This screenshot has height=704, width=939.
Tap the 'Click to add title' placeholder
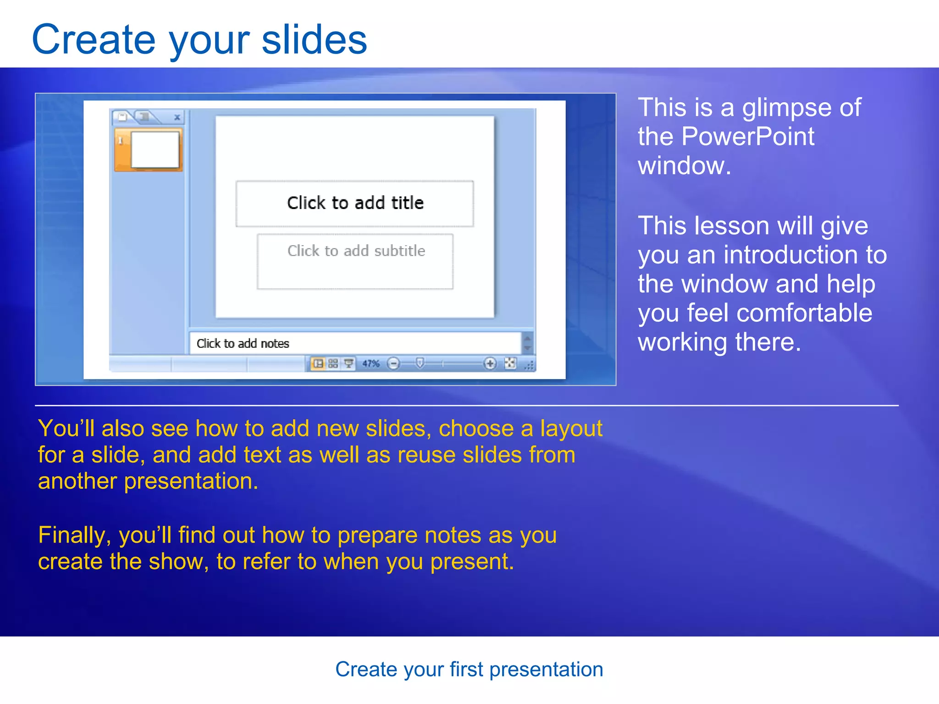[x=355, y=203]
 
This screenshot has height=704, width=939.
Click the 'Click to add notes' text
[x=243, y=344]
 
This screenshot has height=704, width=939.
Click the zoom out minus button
[x=393, y=364]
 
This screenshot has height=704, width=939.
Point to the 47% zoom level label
[x=370, y=364]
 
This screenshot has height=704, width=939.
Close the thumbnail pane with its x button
[x=177, y=118]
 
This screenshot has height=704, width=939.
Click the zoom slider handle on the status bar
[x=420, y=363]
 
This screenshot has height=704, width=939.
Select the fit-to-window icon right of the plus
[x=510, y=363]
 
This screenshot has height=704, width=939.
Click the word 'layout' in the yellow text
[x=571, y=429]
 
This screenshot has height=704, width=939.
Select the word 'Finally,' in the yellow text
[x=74, y=535]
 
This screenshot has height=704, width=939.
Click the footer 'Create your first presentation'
[x=469, y=670]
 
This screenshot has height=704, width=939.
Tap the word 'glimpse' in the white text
[x=787, y=108]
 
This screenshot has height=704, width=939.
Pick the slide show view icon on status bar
[x=349, y=364]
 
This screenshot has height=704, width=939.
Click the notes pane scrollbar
[x=528, y=343]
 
